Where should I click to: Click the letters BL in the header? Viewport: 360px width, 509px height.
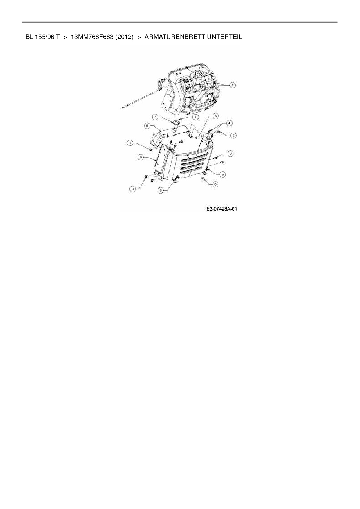pos(29,37)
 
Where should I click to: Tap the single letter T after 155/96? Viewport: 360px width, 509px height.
pos(58,37)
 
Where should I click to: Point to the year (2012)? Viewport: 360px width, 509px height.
pos(124,37)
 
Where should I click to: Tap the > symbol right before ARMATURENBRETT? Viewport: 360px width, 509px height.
pos(139,37)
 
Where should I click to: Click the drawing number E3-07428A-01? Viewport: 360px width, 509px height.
pos(222,209)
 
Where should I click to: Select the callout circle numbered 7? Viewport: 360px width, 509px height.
pos(156,117)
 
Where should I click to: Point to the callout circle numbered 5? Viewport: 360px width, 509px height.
pos(215,116)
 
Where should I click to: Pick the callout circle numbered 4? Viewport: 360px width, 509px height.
pos(229,123)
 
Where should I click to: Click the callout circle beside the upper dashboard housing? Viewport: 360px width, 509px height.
pos(232,85)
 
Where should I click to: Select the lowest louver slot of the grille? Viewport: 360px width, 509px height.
pos(192,172)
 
